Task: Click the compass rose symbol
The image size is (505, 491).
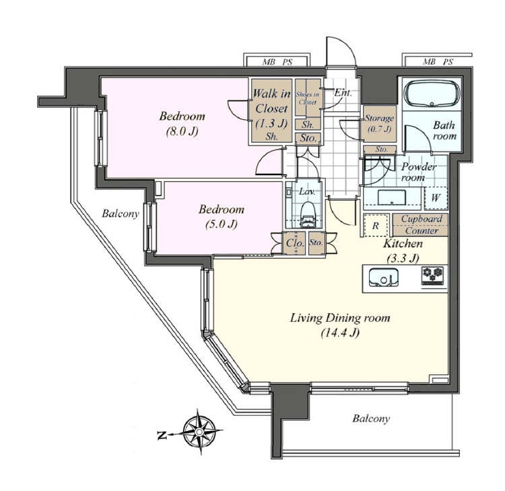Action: click(x=200, y=432)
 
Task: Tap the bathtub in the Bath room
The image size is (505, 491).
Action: click(x=432, y=94)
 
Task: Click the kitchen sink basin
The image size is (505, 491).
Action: click(x=383, y=277)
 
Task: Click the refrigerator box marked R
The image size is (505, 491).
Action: click(x=376, y=226)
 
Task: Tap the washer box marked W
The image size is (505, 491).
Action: click(x=436, y=198)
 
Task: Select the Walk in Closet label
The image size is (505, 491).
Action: click(x=271, y=101)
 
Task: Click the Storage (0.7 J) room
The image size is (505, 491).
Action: click(x=379, y=124)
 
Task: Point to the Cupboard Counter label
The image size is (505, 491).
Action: click(x=422, y=225)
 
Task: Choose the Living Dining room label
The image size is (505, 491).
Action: click(x=340, y=319)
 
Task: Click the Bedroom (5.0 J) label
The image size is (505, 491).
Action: click(x=222, y=216)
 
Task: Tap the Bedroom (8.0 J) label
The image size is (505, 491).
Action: click(x=182, y=123)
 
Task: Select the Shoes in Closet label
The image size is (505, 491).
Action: click(x=308, y=98)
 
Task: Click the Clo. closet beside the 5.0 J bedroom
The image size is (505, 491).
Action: click(x=294, y=242)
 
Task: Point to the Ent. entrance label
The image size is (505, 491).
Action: click(x=343, y=93)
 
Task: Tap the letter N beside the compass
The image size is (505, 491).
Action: click(x=162, y=436)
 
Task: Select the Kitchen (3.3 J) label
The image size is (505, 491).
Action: click(x=403, y=251)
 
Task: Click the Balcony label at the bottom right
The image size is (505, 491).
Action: click(x=371, y=418)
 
